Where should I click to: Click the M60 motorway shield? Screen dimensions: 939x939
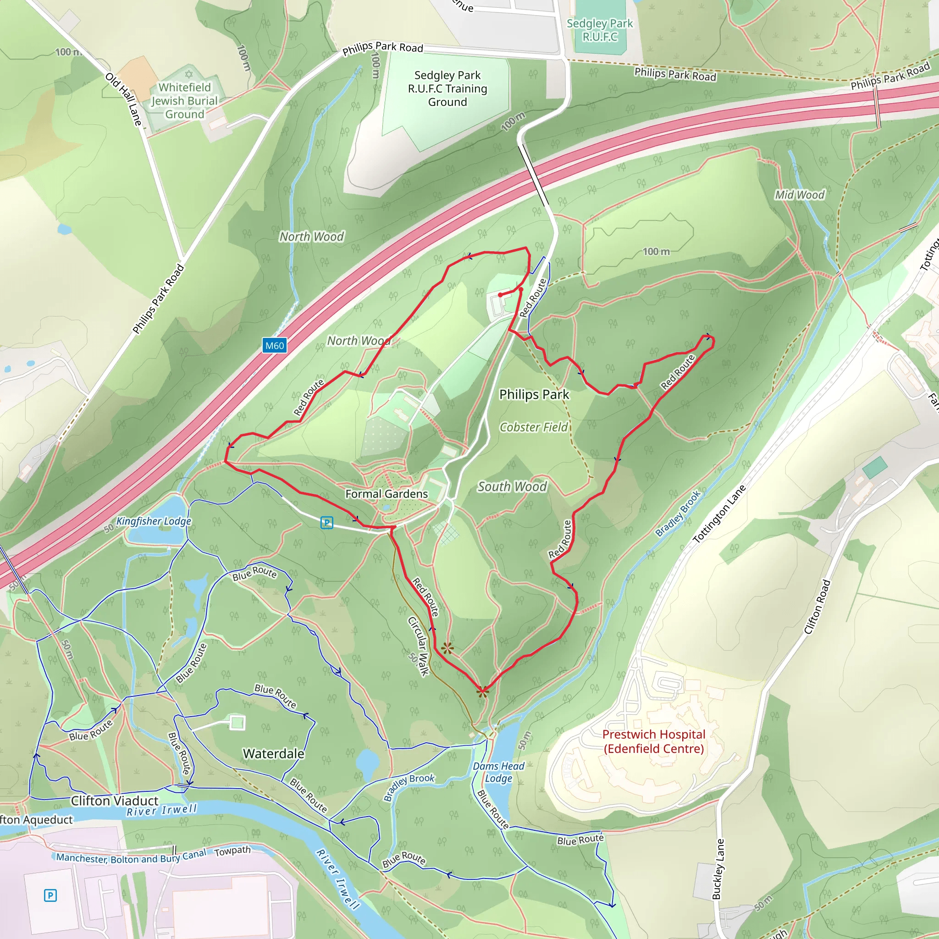tap(274, 346)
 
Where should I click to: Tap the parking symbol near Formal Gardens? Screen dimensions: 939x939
tap(327, 523)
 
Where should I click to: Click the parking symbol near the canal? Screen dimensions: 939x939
tap(50, 895)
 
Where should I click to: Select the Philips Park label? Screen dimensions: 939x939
tap(534, 394)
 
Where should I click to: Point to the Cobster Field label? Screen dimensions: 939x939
tap(534, 427)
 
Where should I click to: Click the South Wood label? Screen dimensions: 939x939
tap(512, 486)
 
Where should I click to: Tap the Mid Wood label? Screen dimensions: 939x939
tap(800, 195)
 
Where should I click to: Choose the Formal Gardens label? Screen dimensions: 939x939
tap(387, 494)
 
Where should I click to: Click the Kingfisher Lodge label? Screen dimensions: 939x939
tap(154, 521)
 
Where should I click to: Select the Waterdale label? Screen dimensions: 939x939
tap(274, 754)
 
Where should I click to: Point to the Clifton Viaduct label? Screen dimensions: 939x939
tap(115, 801)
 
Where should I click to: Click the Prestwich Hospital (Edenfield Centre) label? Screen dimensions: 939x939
tap(654, 741)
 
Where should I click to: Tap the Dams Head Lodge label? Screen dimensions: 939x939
tap(499, 772)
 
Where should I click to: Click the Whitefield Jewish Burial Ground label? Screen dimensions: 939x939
tap(185, 100)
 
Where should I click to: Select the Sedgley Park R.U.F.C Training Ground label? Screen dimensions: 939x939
tap(447, 88)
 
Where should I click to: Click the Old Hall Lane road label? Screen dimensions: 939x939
tap(124, 99)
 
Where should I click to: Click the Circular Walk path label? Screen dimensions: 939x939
tap(419, 646)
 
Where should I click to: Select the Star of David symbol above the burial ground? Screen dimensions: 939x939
tap(189, 74)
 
